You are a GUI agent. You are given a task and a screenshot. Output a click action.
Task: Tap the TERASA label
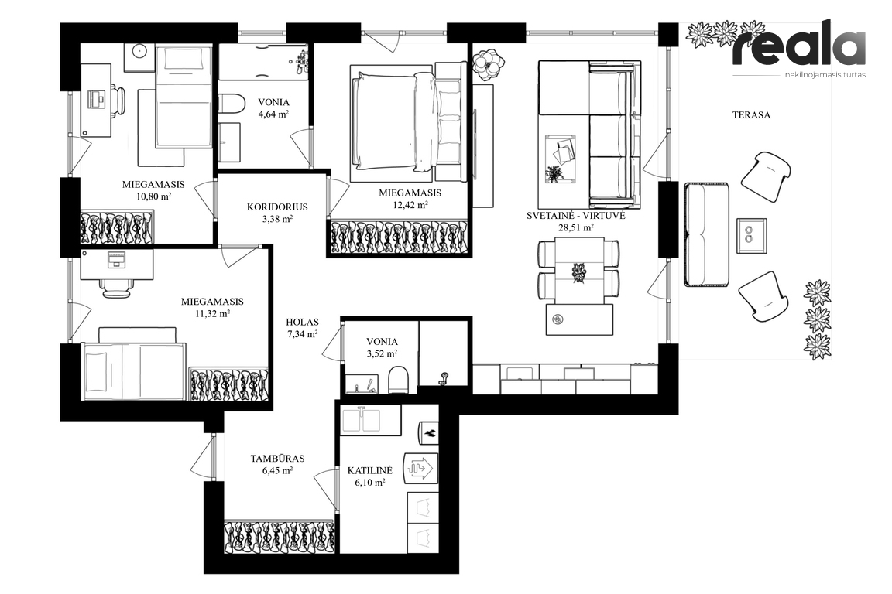751,114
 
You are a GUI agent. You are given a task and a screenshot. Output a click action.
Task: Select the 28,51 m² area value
576,227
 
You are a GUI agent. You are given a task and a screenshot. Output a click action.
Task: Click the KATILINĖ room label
370,471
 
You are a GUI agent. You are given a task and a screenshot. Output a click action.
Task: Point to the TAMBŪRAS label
278,458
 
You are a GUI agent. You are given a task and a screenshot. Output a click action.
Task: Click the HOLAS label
302,323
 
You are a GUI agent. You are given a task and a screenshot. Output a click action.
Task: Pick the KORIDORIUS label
277,207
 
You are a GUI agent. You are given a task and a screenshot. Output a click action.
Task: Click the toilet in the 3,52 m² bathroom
398,379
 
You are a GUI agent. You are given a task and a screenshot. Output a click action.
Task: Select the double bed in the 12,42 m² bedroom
407,121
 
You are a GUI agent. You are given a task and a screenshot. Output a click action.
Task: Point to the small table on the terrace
752,236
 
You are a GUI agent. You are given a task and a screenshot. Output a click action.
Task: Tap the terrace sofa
706,234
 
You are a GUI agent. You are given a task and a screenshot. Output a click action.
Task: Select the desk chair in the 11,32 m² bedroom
118,288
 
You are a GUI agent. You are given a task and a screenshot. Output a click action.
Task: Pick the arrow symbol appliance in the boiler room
420,467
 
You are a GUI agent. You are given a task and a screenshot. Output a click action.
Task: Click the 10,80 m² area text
153,196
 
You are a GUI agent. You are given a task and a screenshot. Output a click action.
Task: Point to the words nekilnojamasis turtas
825,75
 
